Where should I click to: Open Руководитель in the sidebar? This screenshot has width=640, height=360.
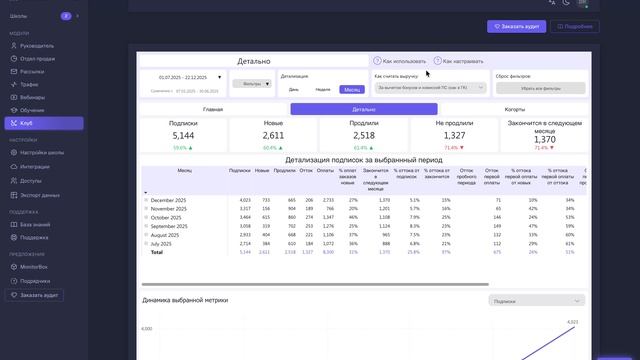point(37,45)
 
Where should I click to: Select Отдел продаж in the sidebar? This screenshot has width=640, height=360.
point(38,58)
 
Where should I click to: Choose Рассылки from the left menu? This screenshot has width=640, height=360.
point(33,71)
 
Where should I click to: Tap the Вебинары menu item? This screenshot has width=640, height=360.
point(33,97)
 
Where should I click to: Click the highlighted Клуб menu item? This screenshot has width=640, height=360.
point(27,123)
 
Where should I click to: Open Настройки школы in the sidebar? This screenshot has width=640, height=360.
point(43,153)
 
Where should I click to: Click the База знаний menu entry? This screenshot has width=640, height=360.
point(35,225)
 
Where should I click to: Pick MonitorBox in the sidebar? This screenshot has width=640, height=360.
point(36,268)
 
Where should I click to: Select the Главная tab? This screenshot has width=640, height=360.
point(213,108)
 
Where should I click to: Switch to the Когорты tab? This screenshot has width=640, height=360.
point(515,108)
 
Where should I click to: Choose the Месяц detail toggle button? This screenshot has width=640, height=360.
point(352,89)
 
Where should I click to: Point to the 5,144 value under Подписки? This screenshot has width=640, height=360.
point(183,135)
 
